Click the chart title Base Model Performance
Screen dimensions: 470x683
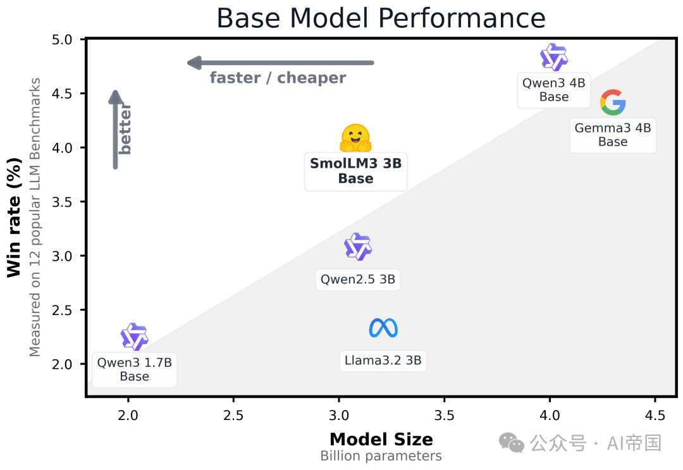click(x=381, y=18)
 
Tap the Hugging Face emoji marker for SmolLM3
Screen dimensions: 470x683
click(x=355, y=138)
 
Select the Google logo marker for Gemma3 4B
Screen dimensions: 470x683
click(x=613, y=102)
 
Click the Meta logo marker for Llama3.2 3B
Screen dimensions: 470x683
click(x=383, y=328)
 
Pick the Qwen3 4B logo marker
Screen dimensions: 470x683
click(x=554, y=58)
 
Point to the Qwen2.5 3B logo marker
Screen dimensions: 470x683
click(x=358, y=247)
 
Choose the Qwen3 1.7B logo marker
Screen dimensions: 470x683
click(x=134, y=337)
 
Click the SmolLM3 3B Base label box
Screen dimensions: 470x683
click(x=355, y=171)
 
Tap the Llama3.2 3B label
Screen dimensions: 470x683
click(x=383, y=361)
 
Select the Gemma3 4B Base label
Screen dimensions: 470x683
click(x=613, y=135)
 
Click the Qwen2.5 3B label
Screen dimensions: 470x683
click(x=358, y=280)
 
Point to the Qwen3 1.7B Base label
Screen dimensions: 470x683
click(x=134, y=369)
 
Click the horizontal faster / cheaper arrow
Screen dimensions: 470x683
click(x=281, y=63)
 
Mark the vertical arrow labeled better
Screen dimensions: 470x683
click(x=115, y=130)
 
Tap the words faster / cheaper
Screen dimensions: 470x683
click(x=278, y=78)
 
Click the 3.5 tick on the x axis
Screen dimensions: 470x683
click(x=444, y=415)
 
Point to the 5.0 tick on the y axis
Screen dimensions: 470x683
click(x=68, y=40)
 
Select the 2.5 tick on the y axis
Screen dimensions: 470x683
click(x=68, y=310)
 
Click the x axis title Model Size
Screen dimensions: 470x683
click(x=381, y=440)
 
